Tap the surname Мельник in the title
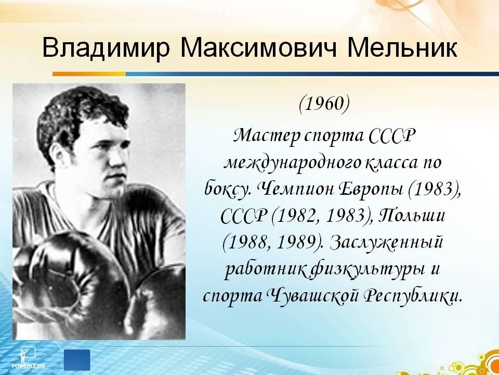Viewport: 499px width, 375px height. coord(402,48)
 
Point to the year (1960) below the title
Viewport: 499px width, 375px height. coord(324,105)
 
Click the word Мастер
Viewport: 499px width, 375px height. coord(267,136)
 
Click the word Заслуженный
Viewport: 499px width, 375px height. coord(387,243)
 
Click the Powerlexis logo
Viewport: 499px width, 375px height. coord(28,358)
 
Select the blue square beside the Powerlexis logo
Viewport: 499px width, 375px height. coord(77,360)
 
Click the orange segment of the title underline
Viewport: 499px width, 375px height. coord(89,74)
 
